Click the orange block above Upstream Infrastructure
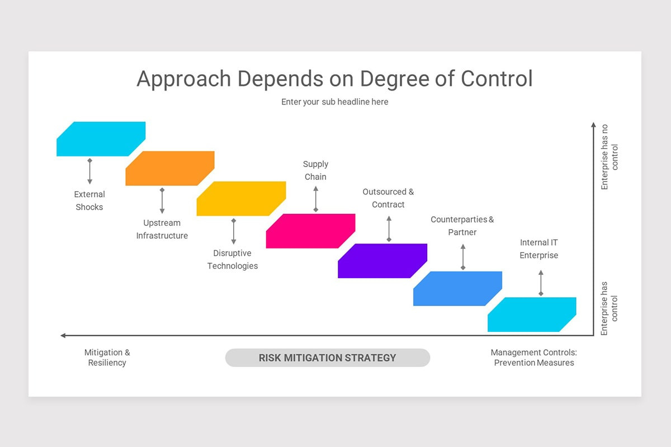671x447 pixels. point(170,168)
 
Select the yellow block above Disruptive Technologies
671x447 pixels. point(241,198)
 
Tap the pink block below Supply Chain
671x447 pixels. point(310,231)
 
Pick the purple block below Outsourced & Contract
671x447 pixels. point(382,260)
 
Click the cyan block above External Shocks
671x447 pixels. point(101,139)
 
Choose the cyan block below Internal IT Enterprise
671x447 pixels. point(532,315)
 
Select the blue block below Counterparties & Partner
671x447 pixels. point(457,288)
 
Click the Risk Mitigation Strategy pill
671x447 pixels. point(327,358)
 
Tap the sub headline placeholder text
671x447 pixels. point(334,102)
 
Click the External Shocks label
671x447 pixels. point(89,201)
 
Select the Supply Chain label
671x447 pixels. point(315,170)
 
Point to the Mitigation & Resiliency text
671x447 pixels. point(107,358)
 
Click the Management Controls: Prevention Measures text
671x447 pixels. point(533,358)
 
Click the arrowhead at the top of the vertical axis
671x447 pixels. point(593,125)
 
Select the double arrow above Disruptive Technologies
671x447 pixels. point(233,231)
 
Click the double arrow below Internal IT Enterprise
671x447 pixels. point(541,283)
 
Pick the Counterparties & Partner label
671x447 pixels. point(462,226)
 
